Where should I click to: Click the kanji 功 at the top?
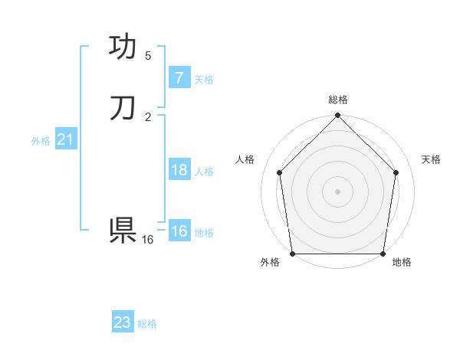tap(123, 47)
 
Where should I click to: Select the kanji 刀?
tap(123, 108)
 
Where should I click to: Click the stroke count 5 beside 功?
tap(148, 56)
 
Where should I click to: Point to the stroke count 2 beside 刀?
tap(148, 116)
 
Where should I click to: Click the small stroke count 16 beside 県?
tap(148, 240)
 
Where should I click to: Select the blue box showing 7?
tap(179, 77)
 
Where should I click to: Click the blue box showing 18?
tap(179, 170)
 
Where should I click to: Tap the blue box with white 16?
tap(179, 231)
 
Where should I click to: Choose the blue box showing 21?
tap(65, 139)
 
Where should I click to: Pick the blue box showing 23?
tap(123, 322)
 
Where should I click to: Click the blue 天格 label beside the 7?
tap(204, 79)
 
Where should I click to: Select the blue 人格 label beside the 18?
tap(204, 172)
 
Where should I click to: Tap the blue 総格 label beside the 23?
tap(147, 324)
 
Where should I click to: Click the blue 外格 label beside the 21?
tap(41, 141)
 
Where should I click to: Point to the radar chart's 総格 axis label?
tap(338, 100)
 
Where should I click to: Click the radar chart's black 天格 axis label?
tap(431, 159)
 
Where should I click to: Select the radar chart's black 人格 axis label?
tap(245, 159)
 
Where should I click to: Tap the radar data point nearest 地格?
tap(383, 254)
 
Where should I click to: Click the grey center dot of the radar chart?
tap(337, 191)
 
